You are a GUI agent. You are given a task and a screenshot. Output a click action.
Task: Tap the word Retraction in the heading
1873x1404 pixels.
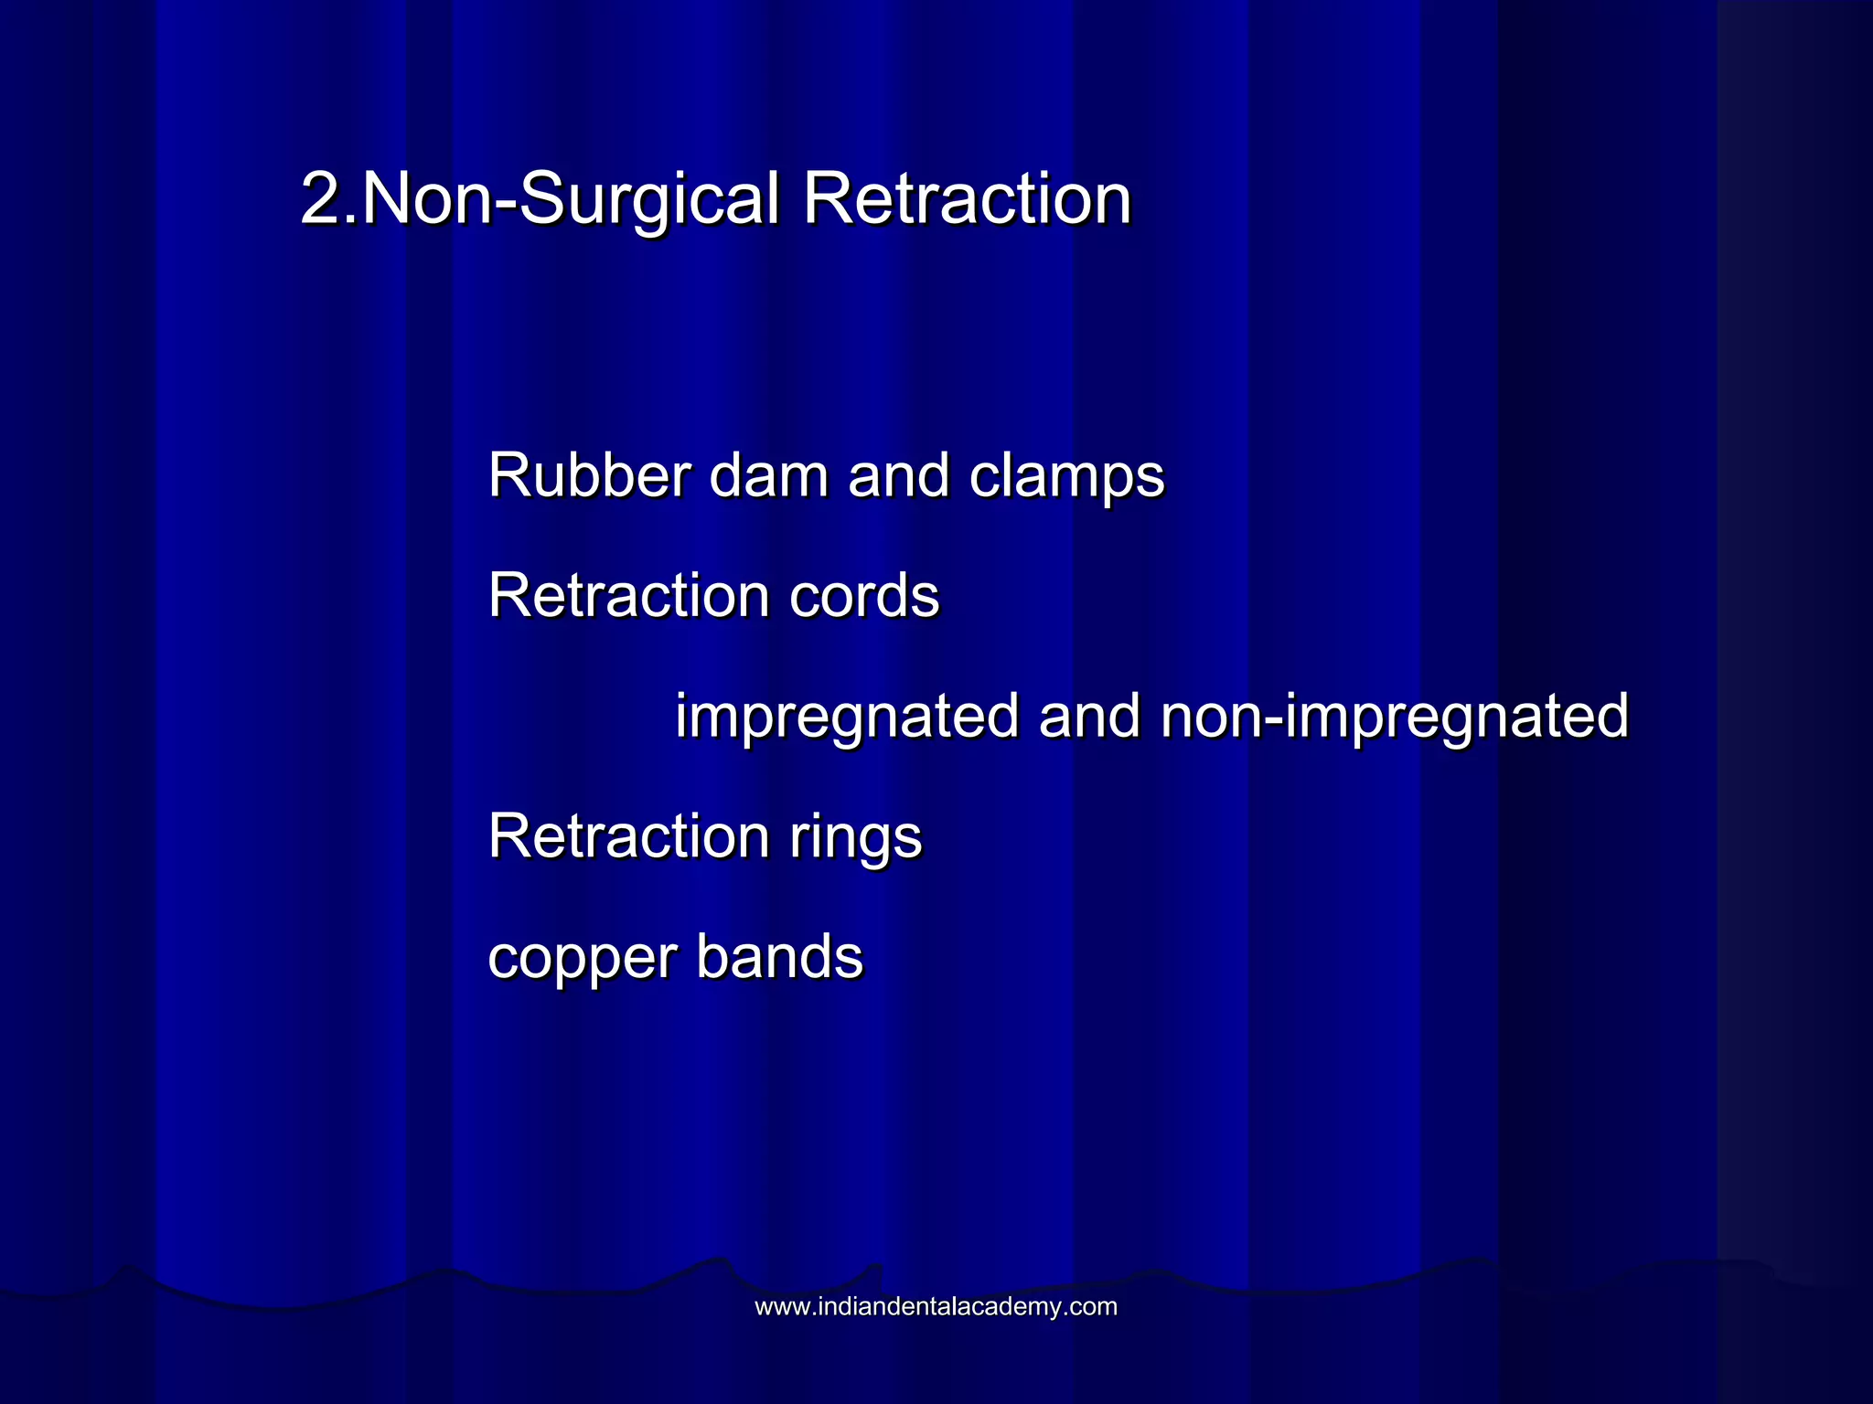click(967, 199)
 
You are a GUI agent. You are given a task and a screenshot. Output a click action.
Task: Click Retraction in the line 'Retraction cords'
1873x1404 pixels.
click(628, 596)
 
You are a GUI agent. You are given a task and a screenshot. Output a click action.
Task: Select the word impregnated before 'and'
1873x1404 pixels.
click(846, 718)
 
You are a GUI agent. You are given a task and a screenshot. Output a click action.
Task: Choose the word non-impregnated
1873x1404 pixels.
click(1395, 718)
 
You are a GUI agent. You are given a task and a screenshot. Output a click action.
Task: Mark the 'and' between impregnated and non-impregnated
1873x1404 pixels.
click(1089, 716)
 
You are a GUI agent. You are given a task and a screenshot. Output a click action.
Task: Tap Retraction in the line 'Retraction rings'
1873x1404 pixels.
click(628, 835)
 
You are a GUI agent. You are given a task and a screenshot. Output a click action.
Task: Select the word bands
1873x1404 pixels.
click(779, 957)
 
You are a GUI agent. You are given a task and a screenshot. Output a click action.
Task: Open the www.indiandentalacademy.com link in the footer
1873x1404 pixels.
click(936, 1307)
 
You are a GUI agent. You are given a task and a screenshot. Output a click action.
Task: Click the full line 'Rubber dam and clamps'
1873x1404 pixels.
click(826, 476)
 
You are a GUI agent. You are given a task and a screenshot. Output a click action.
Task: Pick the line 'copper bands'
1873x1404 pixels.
click(675, 958)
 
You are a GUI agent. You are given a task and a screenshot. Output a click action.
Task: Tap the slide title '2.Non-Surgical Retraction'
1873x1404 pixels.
click(716, 199)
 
